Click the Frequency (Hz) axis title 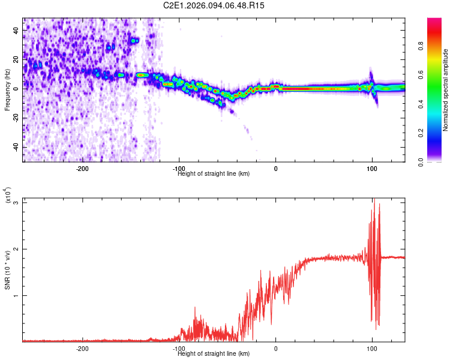pyautogui.click(x=7, y=90)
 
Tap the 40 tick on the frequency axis pyautogui.click(x=16, y=29)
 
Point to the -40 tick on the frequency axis pyautogui.click(x=15, y=147)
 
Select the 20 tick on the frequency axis pyautogui.click(x=16, y=59)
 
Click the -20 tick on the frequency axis pyautogui.click(x=15, y=118)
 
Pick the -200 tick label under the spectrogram pyautogui.click(x=83, y=169)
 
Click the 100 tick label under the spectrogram pyautogui.click(x=372, y=169)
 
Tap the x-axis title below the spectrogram pyautogui.click(x=214, y=173)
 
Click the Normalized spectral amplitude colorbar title pyautogui.click(x=446, y=90)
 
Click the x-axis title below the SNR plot pyautogui.click(x=214, y=353)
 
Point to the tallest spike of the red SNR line pyautogui.click(x=374, y=200)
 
